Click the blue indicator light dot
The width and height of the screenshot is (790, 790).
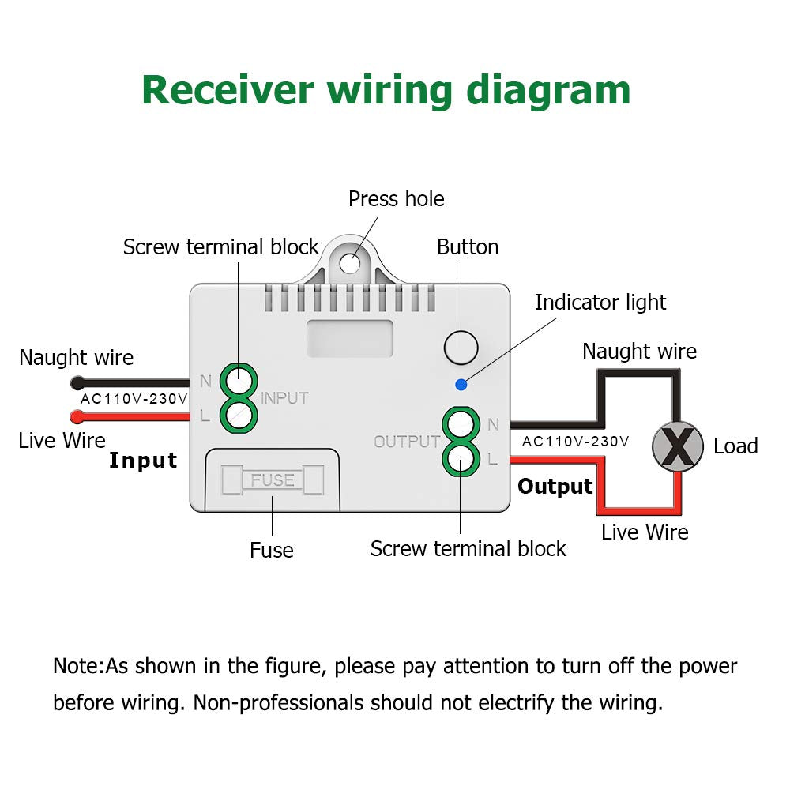[x=461, y=385]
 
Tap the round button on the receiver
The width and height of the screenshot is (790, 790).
[x=461, y=346]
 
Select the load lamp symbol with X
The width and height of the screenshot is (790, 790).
[x=677, y=446]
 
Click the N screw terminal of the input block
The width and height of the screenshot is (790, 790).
[x=238, y=382]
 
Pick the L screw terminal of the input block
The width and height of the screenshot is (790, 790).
[x=238, y=414]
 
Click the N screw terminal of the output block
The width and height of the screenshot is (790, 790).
[x=461, y=425]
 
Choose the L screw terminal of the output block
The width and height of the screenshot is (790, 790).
[x=461, y=457]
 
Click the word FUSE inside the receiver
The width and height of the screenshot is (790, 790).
[x=273, y=480]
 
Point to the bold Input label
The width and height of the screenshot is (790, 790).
[x=143, y=461]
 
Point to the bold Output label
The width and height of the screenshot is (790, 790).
[x=555, y=487]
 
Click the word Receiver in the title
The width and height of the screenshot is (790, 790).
[x=228, y=90]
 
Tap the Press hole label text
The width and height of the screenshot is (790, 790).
[x=396, y=199]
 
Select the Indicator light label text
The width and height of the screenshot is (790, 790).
[x=600, y=303]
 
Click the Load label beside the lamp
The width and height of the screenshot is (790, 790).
[x=735, y=446]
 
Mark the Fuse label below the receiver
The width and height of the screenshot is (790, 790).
[x=271, y=550]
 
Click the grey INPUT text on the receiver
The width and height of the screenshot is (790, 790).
[x=284, y=398]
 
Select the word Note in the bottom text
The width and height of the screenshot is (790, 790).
[x=77, y=666]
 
